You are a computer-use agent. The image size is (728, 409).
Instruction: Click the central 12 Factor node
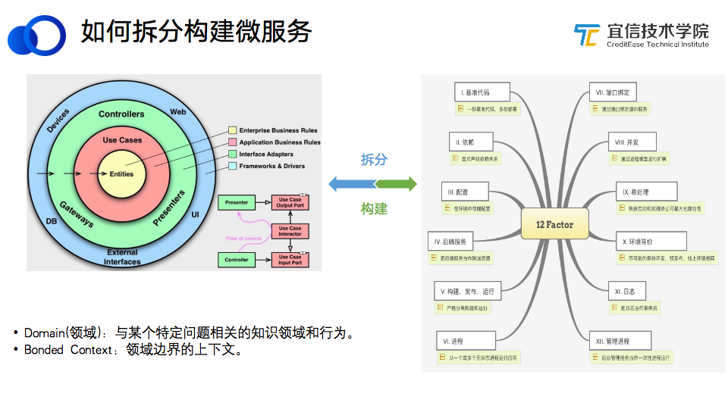(x=554, y=224)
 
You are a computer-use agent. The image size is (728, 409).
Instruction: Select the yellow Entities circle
(x=121, y=174)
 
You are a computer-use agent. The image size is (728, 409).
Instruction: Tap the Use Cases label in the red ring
(x=122, y=140)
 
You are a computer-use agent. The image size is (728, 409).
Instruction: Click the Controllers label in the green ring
(x=121, y=114)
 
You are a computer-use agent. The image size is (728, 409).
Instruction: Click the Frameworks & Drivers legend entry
(x=272, y=166)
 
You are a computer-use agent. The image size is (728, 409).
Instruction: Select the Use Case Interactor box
(x=290, y=231)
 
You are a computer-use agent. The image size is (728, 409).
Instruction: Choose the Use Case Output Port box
(x=290, y=202)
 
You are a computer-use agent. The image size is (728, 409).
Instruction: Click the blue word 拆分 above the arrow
(x=374, y=160)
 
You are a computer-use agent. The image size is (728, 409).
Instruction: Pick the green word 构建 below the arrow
(x=374, y=209)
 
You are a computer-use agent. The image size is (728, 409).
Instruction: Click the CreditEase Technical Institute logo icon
(x=587, y=35)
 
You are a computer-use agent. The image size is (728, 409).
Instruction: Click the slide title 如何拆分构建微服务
(x=196, y=32)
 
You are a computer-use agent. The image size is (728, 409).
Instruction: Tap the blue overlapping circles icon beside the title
(x=36, y=34)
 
